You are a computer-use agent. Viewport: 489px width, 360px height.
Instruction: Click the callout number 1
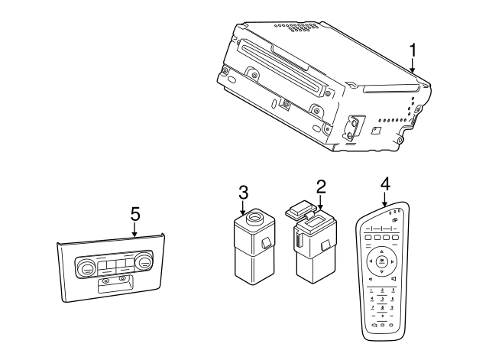coord(413,50)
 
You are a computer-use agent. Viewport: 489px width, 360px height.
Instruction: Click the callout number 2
coord(321,186)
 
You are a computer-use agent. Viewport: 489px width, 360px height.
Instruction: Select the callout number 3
coord(243,193)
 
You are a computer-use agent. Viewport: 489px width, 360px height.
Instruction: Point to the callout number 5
coord(134,214)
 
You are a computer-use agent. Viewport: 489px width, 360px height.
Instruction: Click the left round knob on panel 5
coord(85,267)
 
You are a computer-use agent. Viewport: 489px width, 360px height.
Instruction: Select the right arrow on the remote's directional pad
coord(392,261)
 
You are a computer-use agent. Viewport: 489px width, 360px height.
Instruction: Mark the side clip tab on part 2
coord(325,246)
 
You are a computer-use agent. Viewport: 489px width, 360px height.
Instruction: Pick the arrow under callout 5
coord(134,231)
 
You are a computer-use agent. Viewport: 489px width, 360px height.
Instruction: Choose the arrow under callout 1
coord(413,66)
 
